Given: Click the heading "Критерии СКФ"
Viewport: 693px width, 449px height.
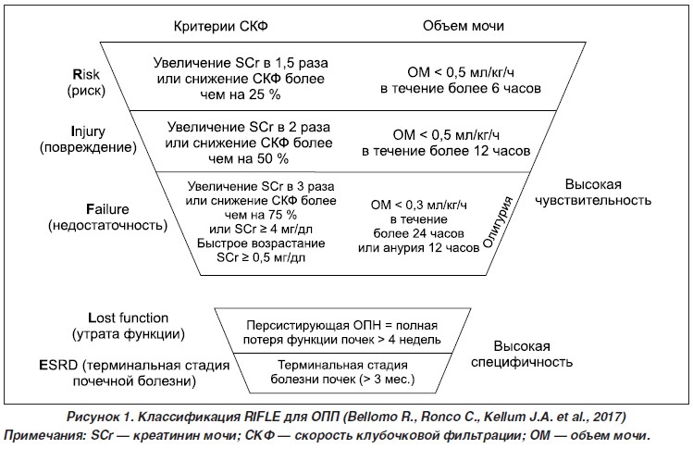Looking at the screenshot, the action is click(220, 26).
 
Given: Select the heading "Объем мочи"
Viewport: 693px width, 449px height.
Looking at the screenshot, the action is click(464, 26).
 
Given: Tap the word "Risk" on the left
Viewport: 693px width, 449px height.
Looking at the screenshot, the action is click(86, 74).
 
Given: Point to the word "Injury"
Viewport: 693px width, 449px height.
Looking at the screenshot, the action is click(89, 131).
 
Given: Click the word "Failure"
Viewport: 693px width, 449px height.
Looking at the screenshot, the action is click(107, 209).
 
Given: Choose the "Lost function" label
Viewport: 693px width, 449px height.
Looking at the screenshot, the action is click(129, 318).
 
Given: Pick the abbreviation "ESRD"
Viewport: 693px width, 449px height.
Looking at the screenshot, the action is click(59, 366).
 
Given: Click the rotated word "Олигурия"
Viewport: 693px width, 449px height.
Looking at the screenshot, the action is click(497, 222).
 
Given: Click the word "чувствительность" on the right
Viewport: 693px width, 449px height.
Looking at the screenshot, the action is click(593, 200).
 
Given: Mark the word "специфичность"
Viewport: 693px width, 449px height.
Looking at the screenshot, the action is click(522, 362).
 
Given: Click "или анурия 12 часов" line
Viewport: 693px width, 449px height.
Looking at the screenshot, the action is click(418, 248).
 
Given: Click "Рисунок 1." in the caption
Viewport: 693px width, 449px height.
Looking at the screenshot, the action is click(100, 417).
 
